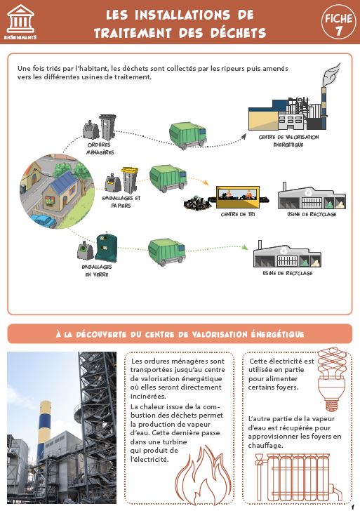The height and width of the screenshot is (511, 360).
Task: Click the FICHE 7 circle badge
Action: point(338,22)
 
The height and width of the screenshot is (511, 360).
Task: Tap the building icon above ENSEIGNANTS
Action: point(20,18)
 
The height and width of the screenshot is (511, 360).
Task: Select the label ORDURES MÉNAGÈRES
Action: point(100,149)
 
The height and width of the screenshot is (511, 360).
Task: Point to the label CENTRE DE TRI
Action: point(238,215)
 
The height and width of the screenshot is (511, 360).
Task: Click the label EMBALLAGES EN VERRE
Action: point(97,270)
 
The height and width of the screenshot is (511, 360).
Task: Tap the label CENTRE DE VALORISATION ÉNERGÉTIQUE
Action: point(288,141)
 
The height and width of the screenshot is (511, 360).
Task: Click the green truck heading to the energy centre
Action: point(188,135)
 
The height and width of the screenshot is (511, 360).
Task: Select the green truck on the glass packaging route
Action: point(167,252)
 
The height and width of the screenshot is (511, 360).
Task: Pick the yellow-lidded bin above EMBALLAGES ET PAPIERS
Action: point(130,180)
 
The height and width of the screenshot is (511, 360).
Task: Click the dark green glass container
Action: point(106,246)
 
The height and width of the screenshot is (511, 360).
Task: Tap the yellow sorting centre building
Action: point(238,197)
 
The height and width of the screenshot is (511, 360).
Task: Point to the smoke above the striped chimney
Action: point(331,74)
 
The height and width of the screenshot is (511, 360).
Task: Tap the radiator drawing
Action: point(296,478)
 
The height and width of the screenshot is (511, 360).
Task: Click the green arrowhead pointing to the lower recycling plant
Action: point(245,247)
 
